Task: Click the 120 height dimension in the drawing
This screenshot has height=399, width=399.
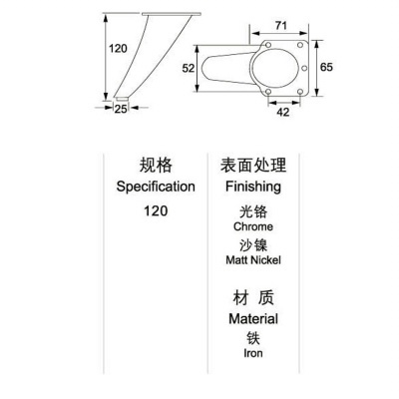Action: point(118,49)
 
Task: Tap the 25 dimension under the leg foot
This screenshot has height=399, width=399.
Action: point(121,109)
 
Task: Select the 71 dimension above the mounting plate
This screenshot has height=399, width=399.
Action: point(281,25)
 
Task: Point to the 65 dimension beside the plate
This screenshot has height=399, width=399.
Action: point(326,67)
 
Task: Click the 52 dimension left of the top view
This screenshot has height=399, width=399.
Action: point(189,68)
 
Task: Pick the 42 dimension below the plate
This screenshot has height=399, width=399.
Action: point(283,112)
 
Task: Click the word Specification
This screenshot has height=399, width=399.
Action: point(156,187)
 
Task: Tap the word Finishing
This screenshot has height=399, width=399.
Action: point(253,187)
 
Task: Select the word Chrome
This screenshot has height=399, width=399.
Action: point(253,226)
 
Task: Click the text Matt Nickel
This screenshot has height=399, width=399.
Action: point(253,259)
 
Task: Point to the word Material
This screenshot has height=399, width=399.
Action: point(253,319)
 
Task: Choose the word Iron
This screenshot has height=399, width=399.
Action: point(253,353)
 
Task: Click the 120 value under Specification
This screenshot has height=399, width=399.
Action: point(156,210)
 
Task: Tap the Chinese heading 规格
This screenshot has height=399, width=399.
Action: point(156,166)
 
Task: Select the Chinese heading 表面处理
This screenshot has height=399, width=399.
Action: point(253,166)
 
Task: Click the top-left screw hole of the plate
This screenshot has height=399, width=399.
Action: point(268,45)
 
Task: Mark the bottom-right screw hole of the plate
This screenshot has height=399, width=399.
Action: point(300,92)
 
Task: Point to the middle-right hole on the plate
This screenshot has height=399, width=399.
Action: point(304,68)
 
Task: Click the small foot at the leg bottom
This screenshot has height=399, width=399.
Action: point(122,99)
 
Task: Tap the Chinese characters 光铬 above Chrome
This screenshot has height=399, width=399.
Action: point(253,211)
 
